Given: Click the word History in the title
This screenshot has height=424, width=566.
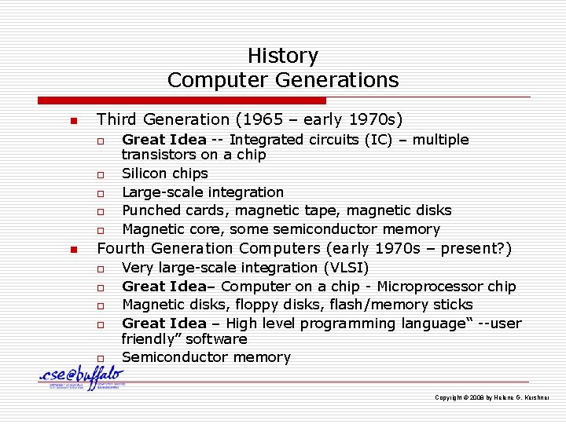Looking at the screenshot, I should pos(282,56).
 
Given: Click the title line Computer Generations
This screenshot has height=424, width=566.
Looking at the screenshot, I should pos(282,80).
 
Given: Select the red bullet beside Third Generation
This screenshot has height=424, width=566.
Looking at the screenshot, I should pos(72,121).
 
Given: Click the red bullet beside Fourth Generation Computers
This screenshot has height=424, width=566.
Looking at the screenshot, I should pos(72,250).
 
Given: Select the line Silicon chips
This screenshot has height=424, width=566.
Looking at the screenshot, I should pos(164,174).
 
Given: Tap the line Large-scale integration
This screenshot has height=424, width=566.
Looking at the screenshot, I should pos(202,192).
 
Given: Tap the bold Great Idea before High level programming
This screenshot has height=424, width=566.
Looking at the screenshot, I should pos(164,323).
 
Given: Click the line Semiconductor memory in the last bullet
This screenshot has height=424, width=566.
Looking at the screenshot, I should pos(206,357).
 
